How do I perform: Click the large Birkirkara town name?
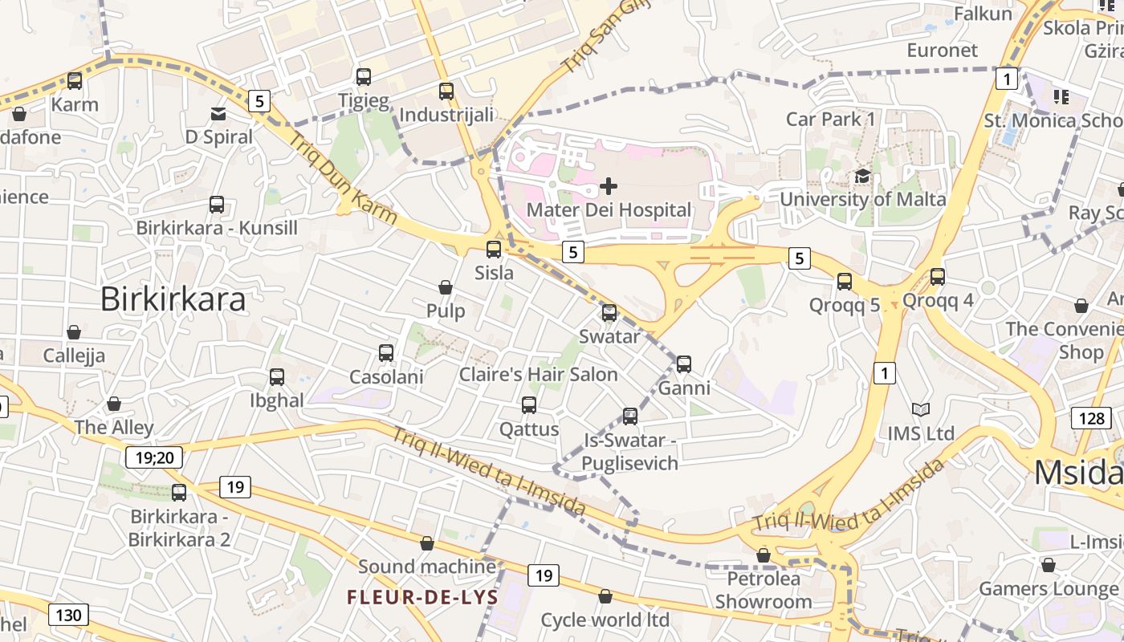(173, 299)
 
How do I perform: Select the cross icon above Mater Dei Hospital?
(609, 186)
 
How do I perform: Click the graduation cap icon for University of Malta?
(862, 176)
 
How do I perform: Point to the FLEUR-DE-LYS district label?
(422, 597)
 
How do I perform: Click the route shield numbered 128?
(1091, 417)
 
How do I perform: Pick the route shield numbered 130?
(68, 616)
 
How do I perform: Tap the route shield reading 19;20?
(154, 457)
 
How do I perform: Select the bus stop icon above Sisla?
(494, 249)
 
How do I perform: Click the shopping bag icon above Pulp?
(446, 287)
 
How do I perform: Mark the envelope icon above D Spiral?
(218, 114)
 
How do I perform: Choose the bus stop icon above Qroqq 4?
(937, 277)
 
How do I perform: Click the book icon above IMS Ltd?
(921, 410)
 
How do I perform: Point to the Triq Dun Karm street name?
(343, 179)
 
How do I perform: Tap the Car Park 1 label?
(830, 120)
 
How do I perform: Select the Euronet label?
(943, 51)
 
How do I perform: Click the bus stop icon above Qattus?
(529, 405)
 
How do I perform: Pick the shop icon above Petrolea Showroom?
(764, 555)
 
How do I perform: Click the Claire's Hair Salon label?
(538, 375)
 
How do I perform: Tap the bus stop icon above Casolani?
(386, 353)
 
